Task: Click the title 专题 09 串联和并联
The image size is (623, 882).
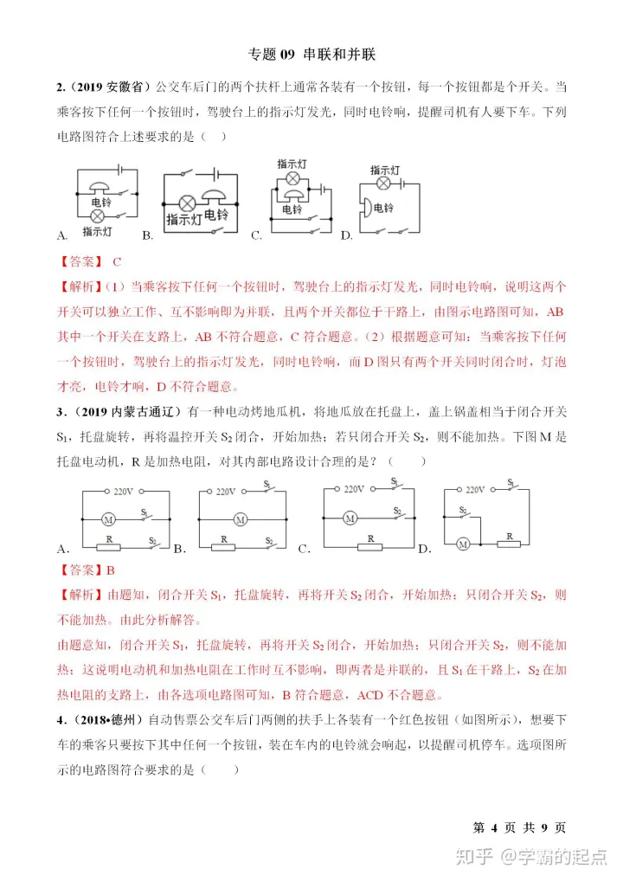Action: [x=311, y=54]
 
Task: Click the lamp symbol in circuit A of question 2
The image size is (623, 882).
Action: [x=97, y=214]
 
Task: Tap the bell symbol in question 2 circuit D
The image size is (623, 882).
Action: [x=368, y=208]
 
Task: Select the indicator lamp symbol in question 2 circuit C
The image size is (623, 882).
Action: [x=293, y=179]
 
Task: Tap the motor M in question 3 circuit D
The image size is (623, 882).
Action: [x=463, y=544]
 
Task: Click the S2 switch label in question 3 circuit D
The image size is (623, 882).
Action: [x=465, y=510]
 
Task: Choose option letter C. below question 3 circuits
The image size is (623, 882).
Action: [x=304, y=549]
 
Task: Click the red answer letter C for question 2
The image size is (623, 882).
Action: [x=117, y=261]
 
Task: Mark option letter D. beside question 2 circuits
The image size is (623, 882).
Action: [x=346, y=235]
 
